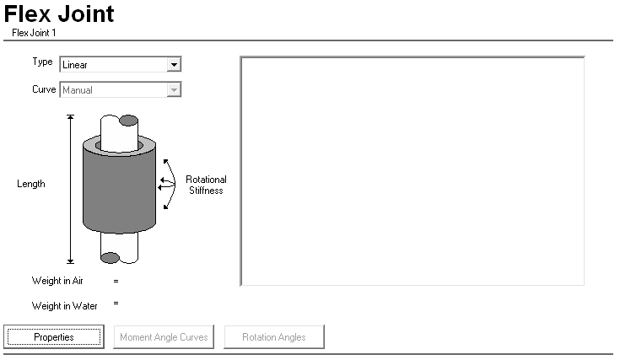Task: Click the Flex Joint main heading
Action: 59,14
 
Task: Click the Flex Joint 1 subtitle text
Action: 34,33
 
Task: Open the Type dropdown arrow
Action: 173,64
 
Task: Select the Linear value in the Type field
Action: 75,65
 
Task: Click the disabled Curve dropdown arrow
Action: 173,89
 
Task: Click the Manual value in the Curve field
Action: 78,90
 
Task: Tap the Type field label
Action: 42,62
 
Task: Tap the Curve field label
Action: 44,89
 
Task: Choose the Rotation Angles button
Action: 273,337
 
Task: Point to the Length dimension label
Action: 31,184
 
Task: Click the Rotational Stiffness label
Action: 206,185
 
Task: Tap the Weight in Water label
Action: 65,306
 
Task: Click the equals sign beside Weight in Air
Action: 116,280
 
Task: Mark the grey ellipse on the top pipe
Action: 127,121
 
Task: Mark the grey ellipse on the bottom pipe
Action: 111,257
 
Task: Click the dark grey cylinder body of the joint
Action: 118,190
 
